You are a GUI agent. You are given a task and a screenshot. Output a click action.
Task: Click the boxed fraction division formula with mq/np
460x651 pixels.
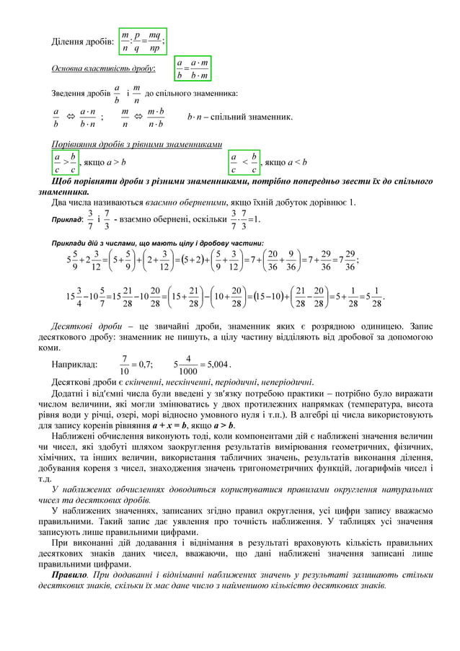click(x=143, y=41)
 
